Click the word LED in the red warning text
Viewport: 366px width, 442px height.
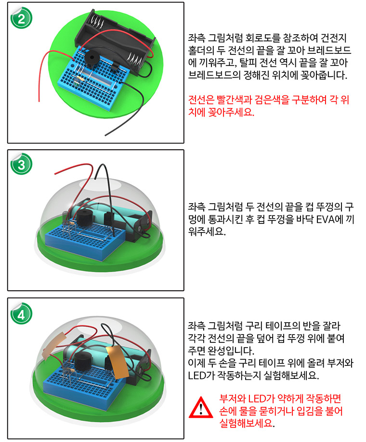tap(253, 400)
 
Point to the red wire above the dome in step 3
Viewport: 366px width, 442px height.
tap(72, 171)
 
